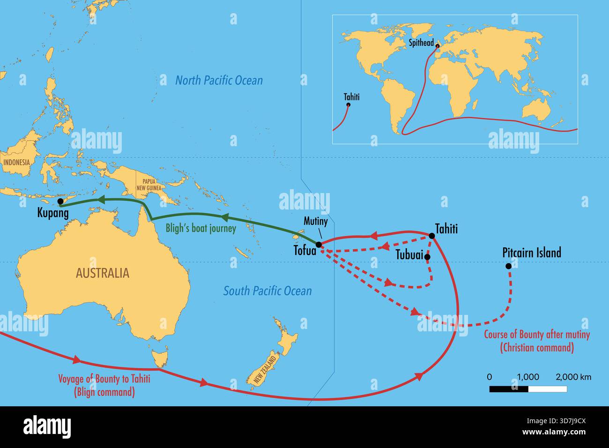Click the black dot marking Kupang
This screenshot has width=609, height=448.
60,202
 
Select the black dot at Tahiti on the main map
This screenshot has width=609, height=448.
431,235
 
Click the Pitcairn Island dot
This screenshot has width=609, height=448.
508,266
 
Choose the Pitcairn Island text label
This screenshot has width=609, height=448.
531,253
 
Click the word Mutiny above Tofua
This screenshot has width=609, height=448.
316,221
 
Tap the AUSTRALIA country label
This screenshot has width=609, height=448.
102,273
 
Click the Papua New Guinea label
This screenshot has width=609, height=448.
149,185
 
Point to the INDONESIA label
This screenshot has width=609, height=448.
16,162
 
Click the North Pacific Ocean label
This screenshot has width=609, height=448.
219,80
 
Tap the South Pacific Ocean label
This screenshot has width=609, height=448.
267,291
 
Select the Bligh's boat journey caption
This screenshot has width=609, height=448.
201,229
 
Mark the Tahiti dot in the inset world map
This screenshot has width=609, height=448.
348,105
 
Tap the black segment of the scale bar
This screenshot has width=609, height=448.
509,389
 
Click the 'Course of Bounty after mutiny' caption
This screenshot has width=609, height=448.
536,341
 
